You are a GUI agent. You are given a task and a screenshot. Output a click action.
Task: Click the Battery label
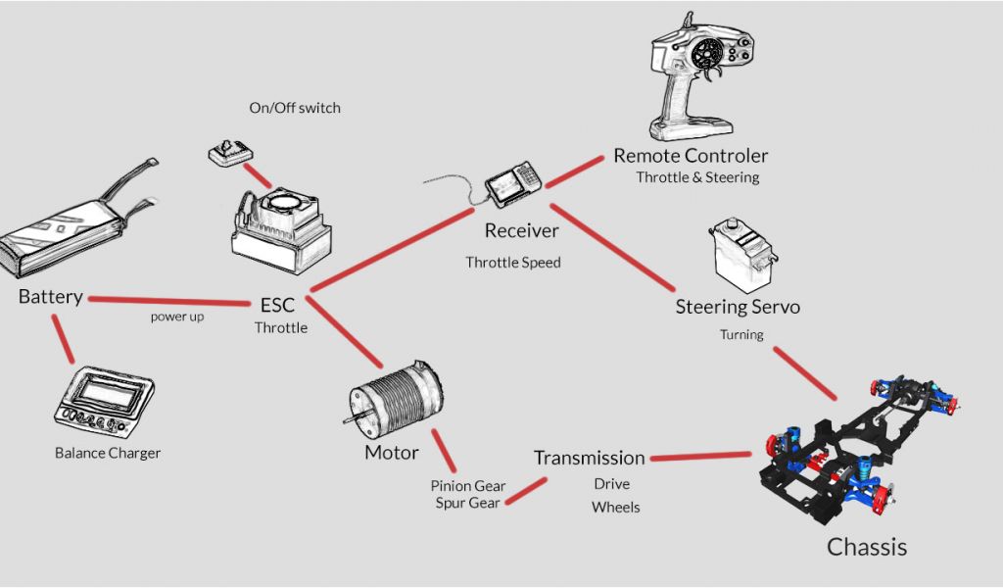pos(50,296)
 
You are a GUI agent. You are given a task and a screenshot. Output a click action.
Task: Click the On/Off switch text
pos(295,108)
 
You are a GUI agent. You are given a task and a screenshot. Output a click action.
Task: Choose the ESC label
pos(277,305)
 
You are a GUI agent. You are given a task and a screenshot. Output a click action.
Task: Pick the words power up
pos(177,318)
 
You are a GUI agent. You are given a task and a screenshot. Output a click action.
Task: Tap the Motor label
pos(391,453)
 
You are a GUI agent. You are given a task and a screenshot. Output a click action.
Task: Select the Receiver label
pos(521,231)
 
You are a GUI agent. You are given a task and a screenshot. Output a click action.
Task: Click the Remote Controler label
pos(691,156)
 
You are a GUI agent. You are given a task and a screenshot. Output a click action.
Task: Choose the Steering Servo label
pos(738,307)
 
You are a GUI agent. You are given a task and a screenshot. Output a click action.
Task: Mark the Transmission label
pos(589,458)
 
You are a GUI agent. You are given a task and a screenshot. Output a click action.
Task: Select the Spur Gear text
pos(468,503)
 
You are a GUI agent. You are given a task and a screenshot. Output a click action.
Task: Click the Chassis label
pos(867,547)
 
